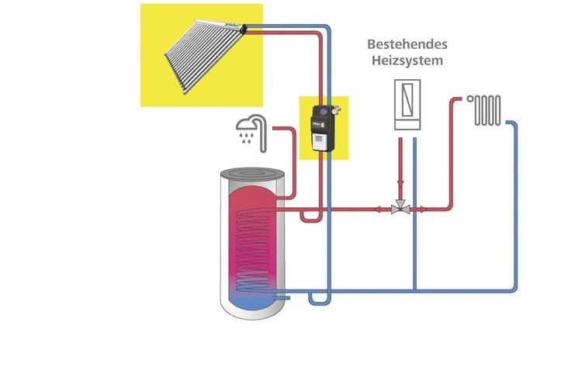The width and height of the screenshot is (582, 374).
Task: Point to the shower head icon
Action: [248, 126]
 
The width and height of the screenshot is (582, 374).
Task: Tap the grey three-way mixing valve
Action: [401, 208]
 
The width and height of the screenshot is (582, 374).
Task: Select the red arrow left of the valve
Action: [379, 208]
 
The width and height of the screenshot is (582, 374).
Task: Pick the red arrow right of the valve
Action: [423, 208]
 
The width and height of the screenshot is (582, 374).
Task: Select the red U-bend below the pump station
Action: [311, 218]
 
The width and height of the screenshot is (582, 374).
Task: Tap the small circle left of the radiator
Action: [470, 99]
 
